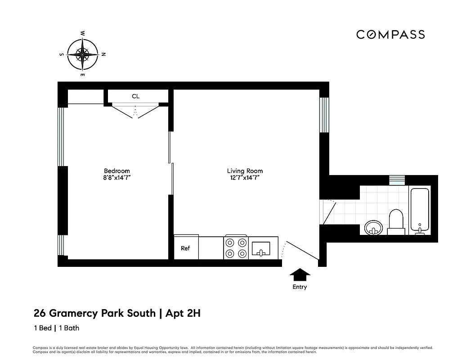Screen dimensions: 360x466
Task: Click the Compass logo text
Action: pos(390,35)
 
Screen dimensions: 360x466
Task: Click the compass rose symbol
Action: pos(82,54)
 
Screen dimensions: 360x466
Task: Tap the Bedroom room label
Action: pos(116,171)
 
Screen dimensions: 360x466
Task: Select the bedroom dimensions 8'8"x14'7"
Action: pos(116,178)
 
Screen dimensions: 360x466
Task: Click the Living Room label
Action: pos(245,171)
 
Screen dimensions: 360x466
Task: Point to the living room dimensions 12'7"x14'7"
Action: pos(245,178)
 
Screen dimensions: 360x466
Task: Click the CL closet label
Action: pos(135,96)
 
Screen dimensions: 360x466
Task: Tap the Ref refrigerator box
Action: pos(185,248)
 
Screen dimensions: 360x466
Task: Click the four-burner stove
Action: pos(236,247)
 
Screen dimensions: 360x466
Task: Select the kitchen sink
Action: pos(261,248)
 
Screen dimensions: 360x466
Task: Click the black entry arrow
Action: pos(300,274)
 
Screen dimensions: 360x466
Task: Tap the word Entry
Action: pos(300,287)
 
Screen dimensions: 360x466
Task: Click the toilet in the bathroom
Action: pos(396,221)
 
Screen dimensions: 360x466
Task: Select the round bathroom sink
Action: pos(373,227)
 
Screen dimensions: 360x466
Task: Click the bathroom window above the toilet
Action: pos(397,180)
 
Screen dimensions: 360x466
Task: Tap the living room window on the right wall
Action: pos(324,115)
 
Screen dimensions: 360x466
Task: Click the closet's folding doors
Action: pos(135,110)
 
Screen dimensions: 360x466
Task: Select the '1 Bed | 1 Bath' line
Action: pos(56,328)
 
